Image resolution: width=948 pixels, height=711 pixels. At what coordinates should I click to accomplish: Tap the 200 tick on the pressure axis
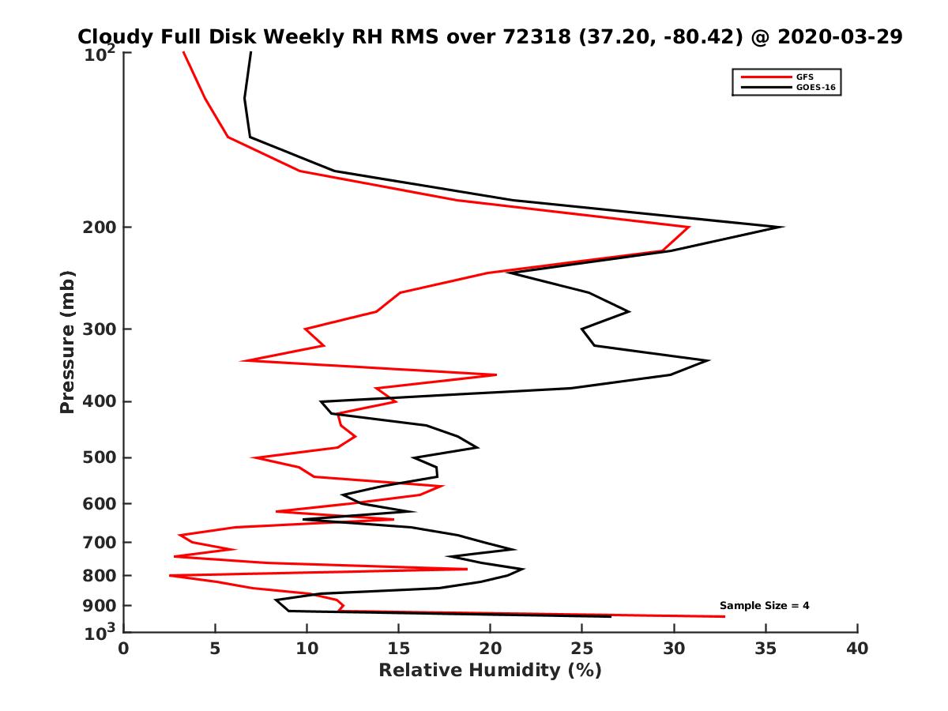[x=102, y=228]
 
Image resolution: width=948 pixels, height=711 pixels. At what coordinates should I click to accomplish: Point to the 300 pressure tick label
[x=102, y=329]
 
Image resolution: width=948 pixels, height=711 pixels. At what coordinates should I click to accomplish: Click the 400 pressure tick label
[x=102, y=401]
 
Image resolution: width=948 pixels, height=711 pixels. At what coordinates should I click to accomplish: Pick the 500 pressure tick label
[x=102, y=457]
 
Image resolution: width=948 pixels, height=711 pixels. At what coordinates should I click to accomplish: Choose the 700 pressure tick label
[x=102, y=542]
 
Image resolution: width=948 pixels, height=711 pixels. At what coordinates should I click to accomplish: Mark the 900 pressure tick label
[x=102, y=605]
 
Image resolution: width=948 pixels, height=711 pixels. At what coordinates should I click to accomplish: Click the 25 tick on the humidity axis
[x=582, y=649]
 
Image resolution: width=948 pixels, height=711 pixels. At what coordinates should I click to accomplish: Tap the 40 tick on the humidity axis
[x=857, y=649]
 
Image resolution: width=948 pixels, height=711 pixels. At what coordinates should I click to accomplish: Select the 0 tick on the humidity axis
[x=124, y=649]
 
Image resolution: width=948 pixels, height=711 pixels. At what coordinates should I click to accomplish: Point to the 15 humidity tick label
[x=399, y=649]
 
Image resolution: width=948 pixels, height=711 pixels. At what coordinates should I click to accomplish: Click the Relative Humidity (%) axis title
[x=490, y=671]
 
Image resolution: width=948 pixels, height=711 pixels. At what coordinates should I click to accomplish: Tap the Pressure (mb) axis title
[x=67, y=342]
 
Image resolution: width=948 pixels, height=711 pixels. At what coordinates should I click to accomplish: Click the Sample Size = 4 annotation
[x=764, y=606]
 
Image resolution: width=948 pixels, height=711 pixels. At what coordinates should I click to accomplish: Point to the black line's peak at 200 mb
[x=782, y=228]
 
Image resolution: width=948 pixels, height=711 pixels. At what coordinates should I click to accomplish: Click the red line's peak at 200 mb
[x=689, y=228]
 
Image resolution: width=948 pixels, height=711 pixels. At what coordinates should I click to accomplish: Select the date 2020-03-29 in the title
[x=838, y=37]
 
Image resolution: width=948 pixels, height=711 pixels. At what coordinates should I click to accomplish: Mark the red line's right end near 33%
[x=724, y=616]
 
